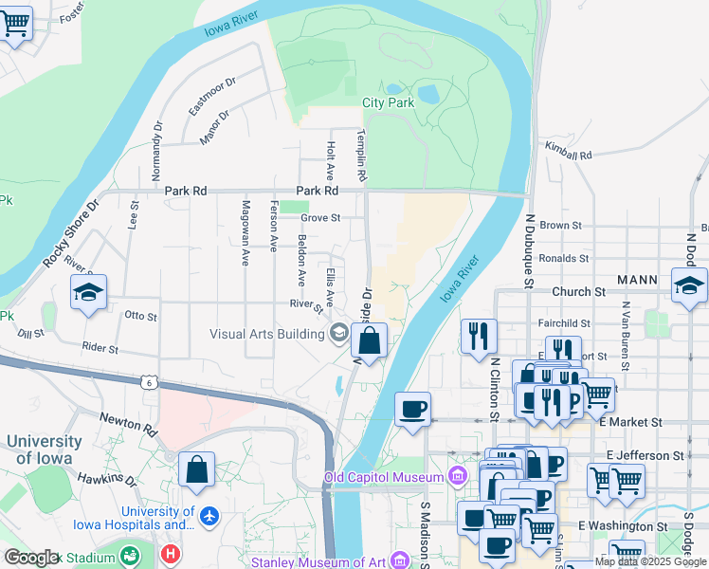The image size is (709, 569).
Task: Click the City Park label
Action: [x=388, y=102]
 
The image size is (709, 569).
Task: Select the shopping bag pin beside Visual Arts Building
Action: [x=371, y=340]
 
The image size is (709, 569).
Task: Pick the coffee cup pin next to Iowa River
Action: [x=412, y=411]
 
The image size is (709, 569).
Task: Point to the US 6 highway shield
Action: [x=148, y=381]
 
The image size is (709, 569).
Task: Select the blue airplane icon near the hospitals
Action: [x=209, y=518]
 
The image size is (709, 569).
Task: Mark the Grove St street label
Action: [x=320, y=218]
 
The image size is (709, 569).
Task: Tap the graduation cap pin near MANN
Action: [x=688, y=284]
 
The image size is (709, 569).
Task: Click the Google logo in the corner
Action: [x=30, y=558]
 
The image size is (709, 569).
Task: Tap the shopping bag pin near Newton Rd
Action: [x=196, y=470]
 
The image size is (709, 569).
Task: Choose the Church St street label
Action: [x=571, y=292]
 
